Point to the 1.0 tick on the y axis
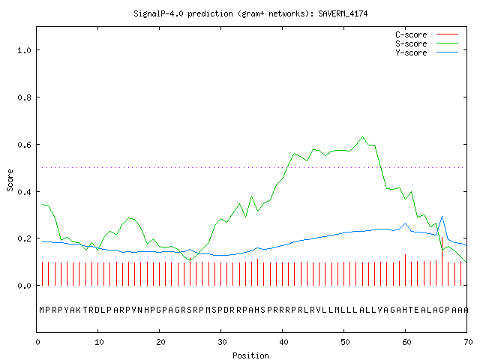24,50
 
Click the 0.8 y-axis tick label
24,97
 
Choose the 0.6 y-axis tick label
24,145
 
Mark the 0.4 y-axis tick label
24,192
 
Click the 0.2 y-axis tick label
24,238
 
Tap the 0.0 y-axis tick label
24,286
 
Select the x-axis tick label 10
99,342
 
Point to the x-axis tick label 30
222,342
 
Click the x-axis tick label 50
345,342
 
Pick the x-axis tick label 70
468,342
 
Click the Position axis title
250,355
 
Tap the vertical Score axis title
10,180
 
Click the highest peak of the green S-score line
362,136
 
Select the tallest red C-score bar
442,261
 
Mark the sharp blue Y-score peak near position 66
442,217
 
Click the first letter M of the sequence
42,310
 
